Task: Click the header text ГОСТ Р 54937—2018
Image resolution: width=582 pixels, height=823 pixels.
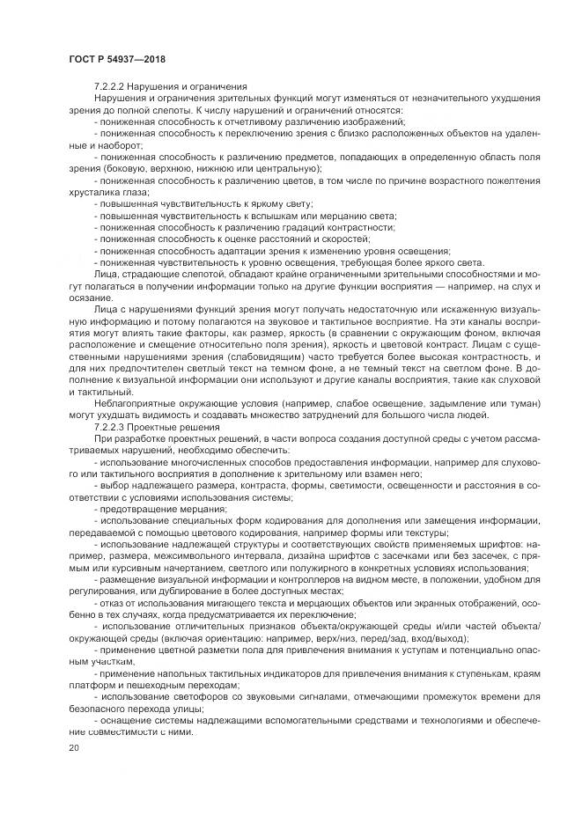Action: pyautogui.click(x=116, y=59)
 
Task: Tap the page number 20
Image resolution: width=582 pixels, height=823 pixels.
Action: pyautogui.click(x=73, y=748)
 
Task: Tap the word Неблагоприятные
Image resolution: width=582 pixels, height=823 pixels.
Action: pyautogui.click(x=133, y=403)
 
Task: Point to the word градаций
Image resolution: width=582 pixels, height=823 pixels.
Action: pyautogui.click(x=256, y=227)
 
